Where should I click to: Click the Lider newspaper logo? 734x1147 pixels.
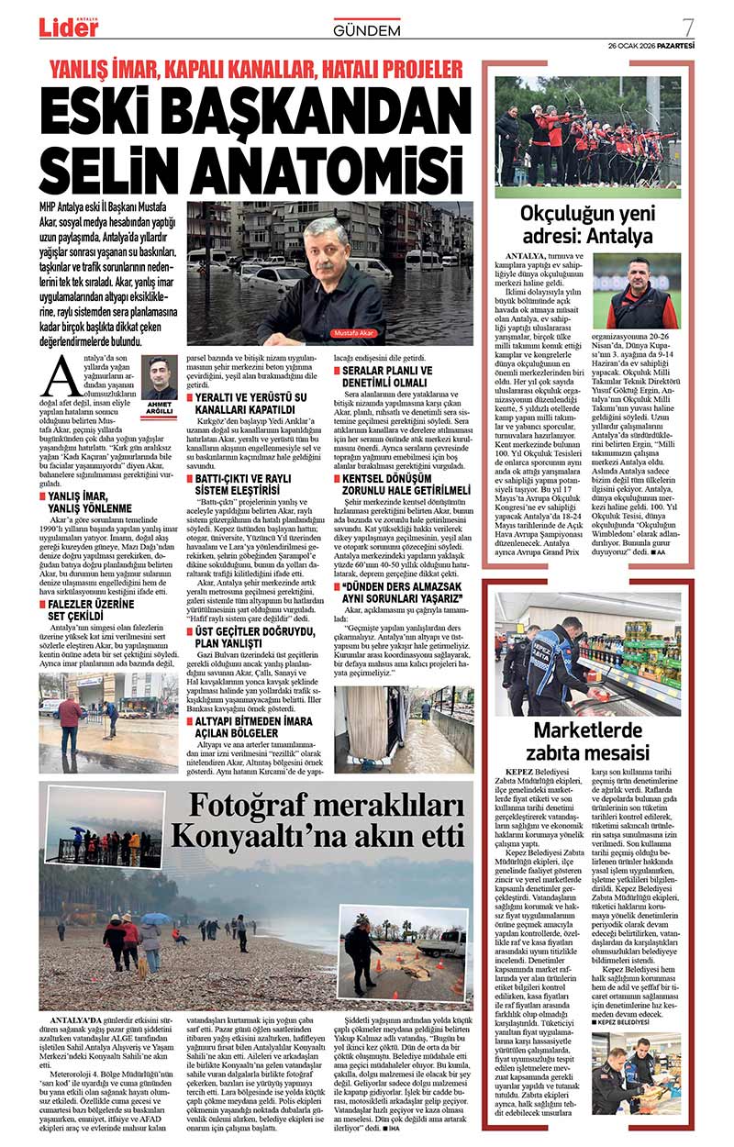(x=69, y=27)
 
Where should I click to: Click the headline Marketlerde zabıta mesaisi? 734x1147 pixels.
(x=587, y=741)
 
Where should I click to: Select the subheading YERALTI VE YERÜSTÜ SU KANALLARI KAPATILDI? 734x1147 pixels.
(x=252, y=405)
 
